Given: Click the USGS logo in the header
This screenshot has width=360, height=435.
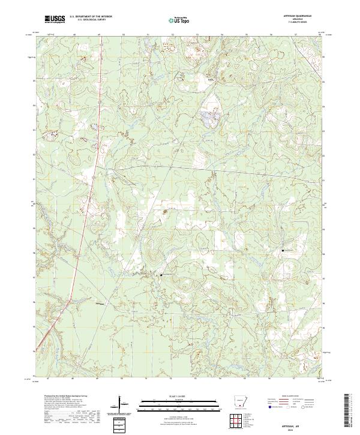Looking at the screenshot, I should pos(55,20).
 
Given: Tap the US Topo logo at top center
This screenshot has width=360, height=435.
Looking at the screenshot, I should pos(181,21).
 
